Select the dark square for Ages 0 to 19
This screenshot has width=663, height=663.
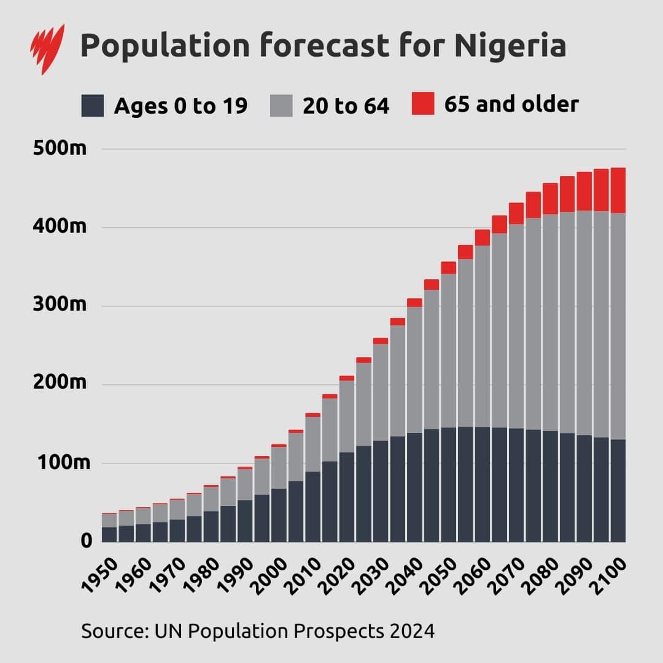(x=93, y=106)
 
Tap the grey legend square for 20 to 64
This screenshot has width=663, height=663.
(x=281, y=106)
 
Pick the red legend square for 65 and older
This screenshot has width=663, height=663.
(x=423, y=104)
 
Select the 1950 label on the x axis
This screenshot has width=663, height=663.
(x=99, y=574)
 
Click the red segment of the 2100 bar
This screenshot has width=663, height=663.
(x=618, y=190)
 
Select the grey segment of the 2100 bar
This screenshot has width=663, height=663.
(x=618, y=325)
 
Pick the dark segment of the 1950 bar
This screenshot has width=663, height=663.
(x=109, y=534)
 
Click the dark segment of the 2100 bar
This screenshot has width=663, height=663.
(x=618, y=491)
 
